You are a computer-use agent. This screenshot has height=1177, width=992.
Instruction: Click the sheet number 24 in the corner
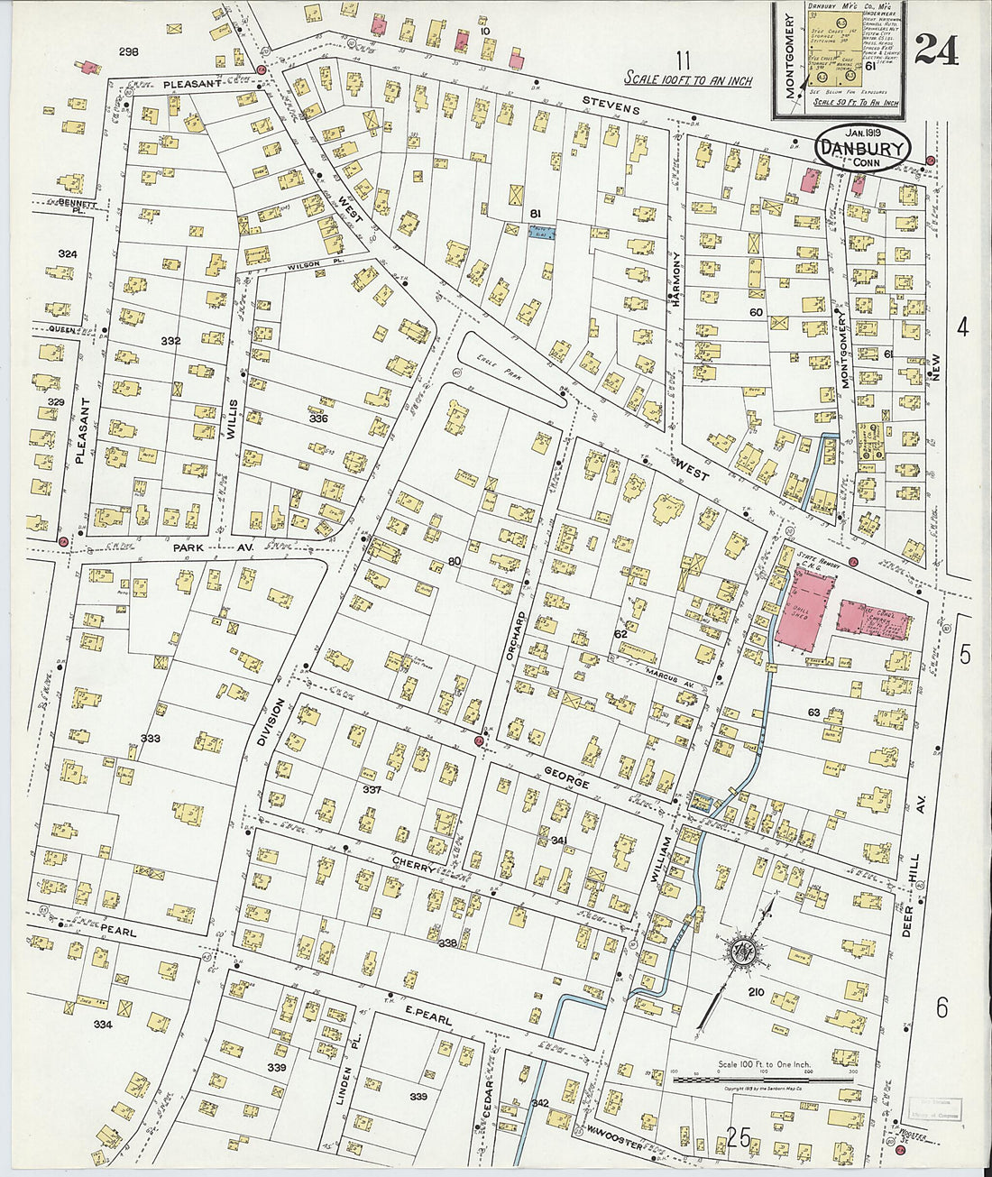click(936, 50)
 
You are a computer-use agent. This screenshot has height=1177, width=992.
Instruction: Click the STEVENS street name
click(611, 105)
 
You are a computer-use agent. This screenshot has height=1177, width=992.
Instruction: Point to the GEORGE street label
click(565, 777)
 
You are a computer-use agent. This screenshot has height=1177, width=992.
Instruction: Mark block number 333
click(150, 739)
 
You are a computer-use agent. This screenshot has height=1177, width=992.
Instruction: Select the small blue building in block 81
click(541, 232)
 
